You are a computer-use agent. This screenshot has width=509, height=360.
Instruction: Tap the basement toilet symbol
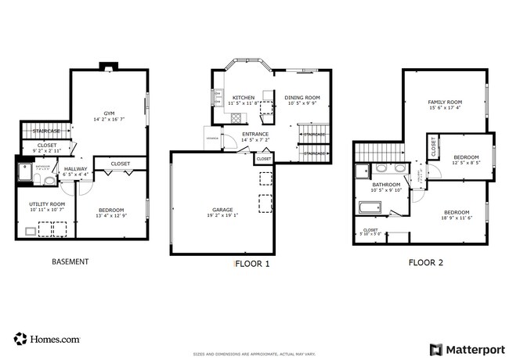[x=49, y=180]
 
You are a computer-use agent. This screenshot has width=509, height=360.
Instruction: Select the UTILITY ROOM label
[x=46, y=203]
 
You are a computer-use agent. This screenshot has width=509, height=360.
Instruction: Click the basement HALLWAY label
[x=76, y=168]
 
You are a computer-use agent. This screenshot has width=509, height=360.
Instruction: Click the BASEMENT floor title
[x=70, y=262]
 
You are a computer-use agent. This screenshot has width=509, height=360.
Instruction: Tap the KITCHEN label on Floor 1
[x=243, y=98]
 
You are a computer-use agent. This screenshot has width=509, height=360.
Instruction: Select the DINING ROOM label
[x=303, y=98]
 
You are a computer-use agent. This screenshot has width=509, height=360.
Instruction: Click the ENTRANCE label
[x=255, y=134]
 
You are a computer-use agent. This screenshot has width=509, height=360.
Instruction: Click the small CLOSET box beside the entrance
[x=264, y=159]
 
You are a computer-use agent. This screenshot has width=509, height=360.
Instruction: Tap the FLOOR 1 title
[x=252, y=264]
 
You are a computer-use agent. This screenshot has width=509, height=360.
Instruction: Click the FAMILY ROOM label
[x=444, y=102]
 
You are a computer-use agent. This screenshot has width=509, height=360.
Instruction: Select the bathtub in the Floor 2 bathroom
[x=369, y=208]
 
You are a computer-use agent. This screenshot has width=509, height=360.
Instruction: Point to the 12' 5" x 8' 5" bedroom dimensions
[x=465, y=163]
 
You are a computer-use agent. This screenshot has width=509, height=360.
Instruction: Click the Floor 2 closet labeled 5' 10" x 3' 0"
[x=370, y=232]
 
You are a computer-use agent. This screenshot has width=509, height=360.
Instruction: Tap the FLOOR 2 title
[x=425, y=263]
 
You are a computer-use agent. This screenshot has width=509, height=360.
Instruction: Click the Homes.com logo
[x=46, y=339]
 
